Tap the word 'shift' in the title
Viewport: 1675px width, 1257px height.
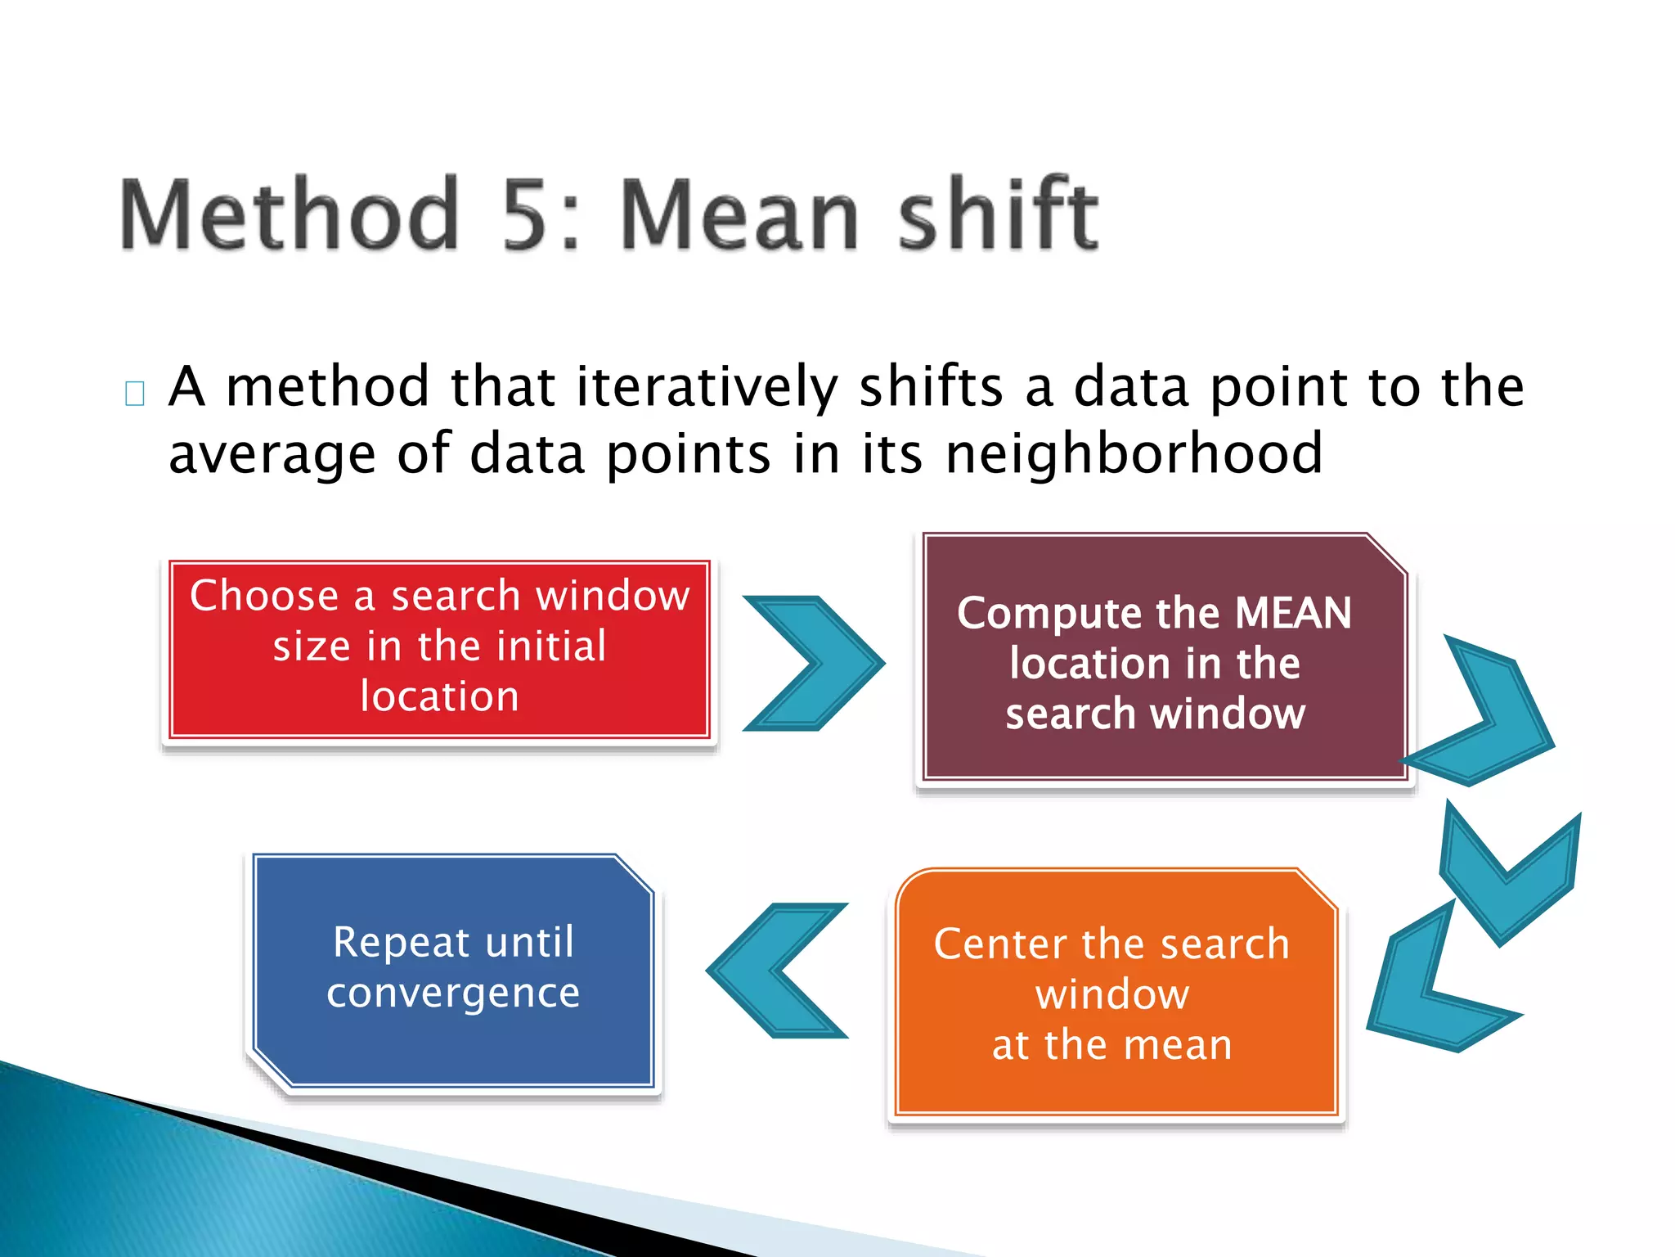(998, 214)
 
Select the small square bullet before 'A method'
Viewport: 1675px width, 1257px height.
(135, 394)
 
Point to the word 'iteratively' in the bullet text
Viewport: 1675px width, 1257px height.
(707, 386)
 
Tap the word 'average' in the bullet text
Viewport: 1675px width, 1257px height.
(272, 455)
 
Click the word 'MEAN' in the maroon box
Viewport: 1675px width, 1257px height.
(1293, 613)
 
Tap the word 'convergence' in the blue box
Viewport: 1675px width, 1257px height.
(453, 993)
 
